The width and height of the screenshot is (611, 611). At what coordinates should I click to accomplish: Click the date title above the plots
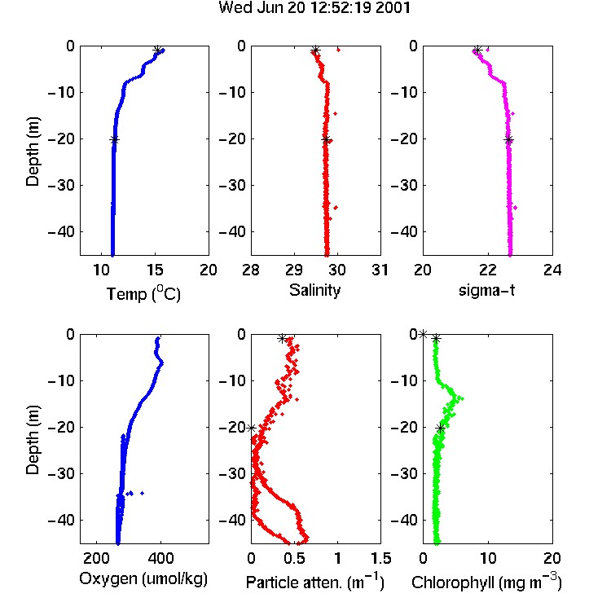[x=314, y=8]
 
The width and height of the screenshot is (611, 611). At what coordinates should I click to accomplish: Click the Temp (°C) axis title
[x=143, y=293]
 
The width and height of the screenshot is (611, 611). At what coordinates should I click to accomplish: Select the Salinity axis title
[x=314, y=290]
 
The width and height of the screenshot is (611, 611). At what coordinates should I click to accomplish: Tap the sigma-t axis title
[x=486, y=290]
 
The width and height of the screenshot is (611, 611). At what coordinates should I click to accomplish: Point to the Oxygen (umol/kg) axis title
[x=143, y=579]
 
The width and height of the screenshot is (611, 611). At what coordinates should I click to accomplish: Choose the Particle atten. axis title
[x=314, y=582]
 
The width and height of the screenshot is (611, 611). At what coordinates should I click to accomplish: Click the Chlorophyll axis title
[x=486, y=582]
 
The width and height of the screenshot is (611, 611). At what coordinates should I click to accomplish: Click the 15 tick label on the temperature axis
[x=155, y=270]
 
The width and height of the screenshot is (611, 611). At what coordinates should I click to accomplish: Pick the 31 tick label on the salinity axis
[x=380, y=270]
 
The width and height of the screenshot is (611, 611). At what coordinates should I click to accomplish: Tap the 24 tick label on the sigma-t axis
[x=552, y=270]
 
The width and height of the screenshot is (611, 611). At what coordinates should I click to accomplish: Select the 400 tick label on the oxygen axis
[x=160, y=558]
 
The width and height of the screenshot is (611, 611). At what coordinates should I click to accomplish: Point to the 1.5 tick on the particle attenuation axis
[x=380, y=558]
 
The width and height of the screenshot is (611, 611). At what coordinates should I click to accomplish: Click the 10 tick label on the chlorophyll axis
[x=488, y=558]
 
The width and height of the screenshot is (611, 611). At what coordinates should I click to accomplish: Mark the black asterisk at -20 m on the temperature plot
[x=114, y=140]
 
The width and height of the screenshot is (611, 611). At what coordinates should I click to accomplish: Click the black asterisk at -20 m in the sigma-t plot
[x=508, y=140]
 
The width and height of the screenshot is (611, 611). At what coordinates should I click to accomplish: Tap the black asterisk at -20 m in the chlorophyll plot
[x=440, y=429]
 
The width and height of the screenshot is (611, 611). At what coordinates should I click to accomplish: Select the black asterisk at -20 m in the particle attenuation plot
[x=252, y=429]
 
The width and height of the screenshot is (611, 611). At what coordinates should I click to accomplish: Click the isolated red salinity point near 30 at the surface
[x=338, y=50]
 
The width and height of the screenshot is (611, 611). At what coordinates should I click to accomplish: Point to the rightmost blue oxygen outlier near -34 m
[x=143, y=494]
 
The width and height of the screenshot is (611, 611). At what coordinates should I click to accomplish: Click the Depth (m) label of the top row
[x=33, y=152]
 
